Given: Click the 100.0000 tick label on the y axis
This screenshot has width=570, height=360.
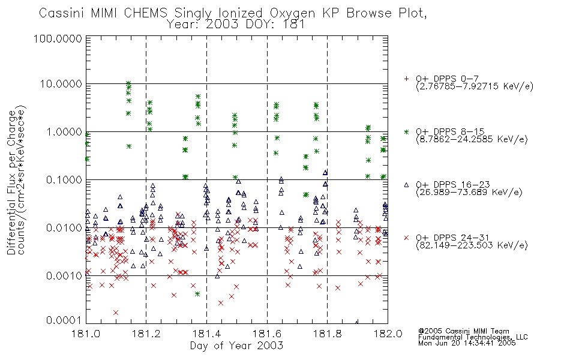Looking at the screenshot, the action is click(x=58, y=38).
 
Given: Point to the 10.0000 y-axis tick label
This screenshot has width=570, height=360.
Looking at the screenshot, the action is click(x=61, y=84).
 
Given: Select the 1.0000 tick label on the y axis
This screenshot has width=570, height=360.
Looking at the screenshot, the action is click(x=64, y=132).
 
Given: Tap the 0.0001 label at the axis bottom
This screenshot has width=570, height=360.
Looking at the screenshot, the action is click(x=64, y=320).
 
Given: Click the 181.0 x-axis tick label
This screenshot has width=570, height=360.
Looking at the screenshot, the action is click(x=86, y=334).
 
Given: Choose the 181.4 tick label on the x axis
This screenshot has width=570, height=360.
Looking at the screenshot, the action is click(x=206, y=334).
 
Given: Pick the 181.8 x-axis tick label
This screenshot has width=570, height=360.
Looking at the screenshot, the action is click(x=327, y=334).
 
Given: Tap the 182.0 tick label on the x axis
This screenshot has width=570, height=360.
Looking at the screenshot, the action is click(x=388, y=334).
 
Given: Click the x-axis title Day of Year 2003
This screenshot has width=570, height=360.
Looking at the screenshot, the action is click(x=236, y=346).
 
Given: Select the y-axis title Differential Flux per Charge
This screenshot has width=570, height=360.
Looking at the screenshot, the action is click(x=12, y=182).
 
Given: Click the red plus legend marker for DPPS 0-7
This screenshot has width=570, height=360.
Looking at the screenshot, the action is click(x=406, y=78).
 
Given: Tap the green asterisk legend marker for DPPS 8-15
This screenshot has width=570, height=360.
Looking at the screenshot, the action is click(x=406, y=131).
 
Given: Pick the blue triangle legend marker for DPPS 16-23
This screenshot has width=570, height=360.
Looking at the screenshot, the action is click(x=406, y=185).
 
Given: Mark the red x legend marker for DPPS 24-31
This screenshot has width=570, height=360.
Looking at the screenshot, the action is click(x=406, y=238).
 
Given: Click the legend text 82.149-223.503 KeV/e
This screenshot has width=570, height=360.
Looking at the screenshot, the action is click(x=472, y=245).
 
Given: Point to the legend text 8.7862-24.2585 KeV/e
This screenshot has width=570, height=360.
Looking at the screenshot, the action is click(x=472, y=139).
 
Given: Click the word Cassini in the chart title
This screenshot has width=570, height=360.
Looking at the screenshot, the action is click(x=62, y=13).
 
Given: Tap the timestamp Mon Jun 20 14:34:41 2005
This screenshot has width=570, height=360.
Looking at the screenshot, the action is click(x=467, y=343).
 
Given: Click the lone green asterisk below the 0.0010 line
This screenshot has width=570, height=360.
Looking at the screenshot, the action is click(x=197, y=294).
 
